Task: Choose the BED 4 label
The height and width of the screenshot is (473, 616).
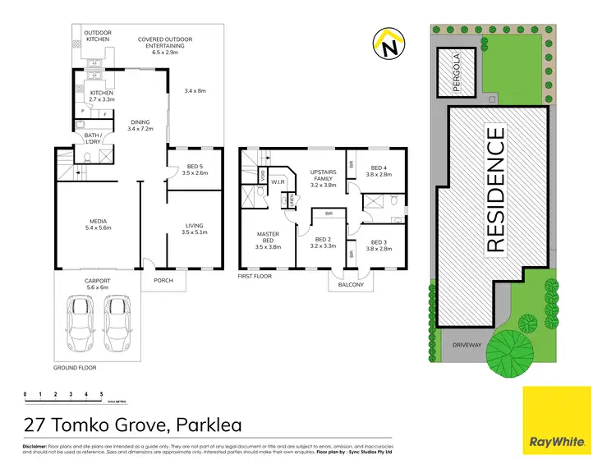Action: (377, 170)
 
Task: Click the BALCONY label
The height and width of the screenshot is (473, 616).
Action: (351, 285)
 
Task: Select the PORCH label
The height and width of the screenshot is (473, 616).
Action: (163, 280)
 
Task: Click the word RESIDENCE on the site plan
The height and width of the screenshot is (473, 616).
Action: (496, 189)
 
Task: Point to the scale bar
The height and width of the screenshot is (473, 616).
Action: (63, 397)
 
